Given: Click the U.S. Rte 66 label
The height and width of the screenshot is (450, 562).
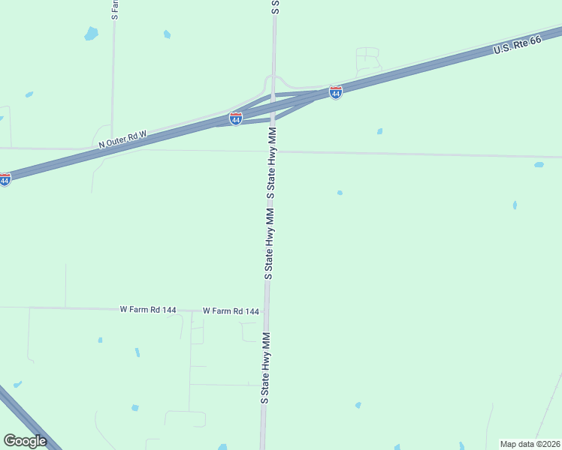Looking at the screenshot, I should click(517, 46).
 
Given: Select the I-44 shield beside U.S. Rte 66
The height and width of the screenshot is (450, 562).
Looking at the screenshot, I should click(336, 92).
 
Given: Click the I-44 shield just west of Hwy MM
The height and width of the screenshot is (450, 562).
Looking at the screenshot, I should click(236, 118).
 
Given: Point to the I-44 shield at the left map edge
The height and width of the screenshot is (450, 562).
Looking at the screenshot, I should click(5, 179).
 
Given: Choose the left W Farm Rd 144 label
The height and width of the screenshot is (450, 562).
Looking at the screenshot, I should click(148, 309).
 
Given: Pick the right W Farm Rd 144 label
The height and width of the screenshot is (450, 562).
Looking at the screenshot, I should click(231, 311).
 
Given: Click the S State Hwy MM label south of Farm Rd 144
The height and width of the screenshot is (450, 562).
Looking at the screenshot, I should click(265, 367).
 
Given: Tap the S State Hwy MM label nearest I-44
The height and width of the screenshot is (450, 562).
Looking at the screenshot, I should click(272, 163).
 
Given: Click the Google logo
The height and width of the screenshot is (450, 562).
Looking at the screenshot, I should click(25, 440).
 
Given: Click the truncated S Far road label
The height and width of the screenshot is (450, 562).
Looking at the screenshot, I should click(114, 9).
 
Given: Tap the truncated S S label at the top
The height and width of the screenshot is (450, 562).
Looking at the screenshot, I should click(275, 7).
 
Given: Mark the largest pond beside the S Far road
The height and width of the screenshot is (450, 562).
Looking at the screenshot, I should click(91, 33).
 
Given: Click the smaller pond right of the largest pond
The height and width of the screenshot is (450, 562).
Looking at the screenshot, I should click(167, 34).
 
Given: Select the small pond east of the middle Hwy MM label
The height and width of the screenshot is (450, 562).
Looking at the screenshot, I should click(340, 193).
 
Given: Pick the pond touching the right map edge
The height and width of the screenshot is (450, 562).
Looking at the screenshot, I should click(539, 164).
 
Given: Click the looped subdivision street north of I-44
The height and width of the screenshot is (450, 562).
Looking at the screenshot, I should click(367, 58).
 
